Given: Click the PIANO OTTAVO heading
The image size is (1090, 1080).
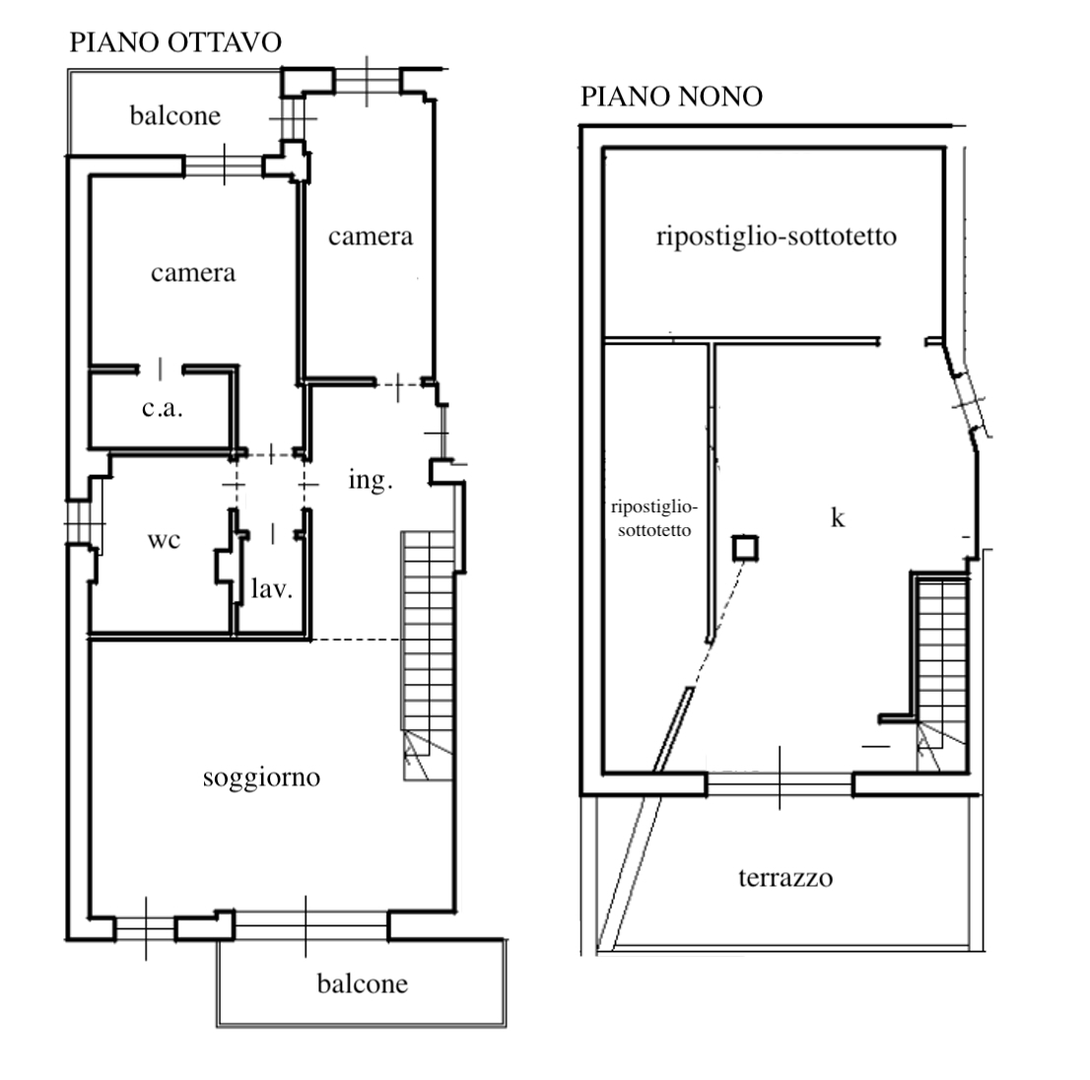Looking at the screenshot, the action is [x=175, y=42].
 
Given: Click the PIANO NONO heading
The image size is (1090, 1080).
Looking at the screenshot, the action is [x=671, y=97].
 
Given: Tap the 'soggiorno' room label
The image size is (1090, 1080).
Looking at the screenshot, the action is [x=261, y=777].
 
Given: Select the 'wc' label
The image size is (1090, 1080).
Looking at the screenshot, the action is [x=164, y=540].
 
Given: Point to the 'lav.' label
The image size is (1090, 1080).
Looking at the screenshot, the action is [x=272, y=588].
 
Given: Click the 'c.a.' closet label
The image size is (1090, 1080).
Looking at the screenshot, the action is [x=162, y=408].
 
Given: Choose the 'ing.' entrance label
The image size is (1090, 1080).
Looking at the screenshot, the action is [x=371, y=480].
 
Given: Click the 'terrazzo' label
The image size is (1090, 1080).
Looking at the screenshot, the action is [x=785, y=878].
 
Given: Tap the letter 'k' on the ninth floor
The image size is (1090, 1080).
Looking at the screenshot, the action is [x=838, y=517].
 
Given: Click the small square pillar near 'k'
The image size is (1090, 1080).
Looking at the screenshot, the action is [x=745, y=548].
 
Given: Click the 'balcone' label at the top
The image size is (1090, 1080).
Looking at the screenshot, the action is [x=175, y=115].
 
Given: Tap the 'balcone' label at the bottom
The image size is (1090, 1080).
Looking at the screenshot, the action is [x=362, y=984].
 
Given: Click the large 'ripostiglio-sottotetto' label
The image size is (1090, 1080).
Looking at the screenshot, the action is [x=777, y=236].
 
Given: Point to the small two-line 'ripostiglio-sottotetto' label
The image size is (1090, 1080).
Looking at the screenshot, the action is [x=654, y=518].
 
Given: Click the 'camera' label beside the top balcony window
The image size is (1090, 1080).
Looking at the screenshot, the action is [x=371, y=236].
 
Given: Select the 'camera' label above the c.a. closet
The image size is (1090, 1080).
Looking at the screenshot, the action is [x=193, y=273].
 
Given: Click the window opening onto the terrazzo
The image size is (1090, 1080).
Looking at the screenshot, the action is [x=780, y=783].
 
